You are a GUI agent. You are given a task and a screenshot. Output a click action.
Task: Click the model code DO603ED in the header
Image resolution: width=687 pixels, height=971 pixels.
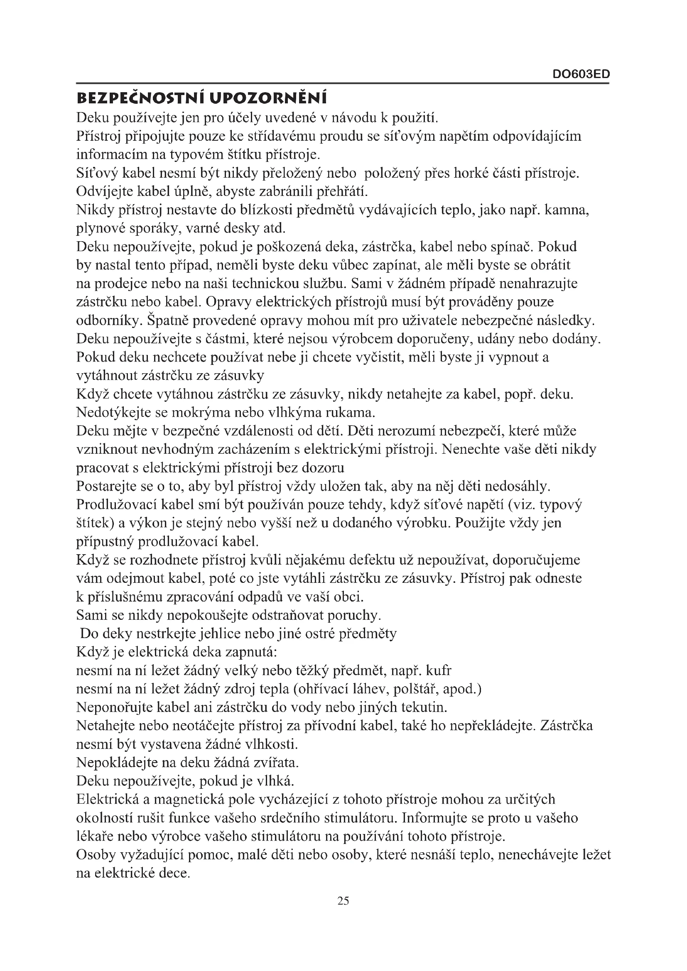pyautogui.click(x=581, y=74)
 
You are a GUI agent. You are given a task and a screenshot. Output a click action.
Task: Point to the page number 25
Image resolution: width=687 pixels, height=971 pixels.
pyautogui.click(x=343, y=901)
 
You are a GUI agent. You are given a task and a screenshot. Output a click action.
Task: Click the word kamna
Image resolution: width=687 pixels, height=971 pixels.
pyautogui.click(x=567, y=210)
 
